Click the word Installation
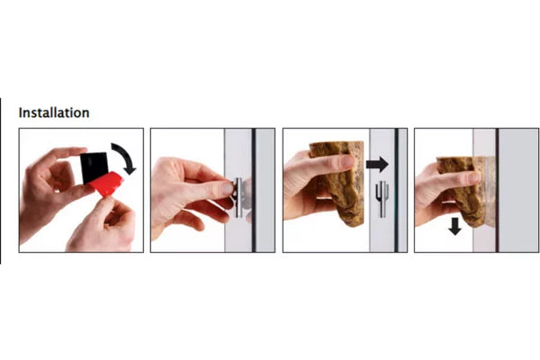pos(54,112)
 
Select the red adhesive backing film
pos(107,184)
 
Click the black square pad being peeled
pos(94,167)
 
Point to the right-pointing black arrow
pos(377,165)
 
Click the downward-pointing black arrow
pos(454,226)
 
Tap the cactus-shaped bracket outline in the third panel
pos(382,199)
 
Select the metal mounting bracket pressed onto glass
pos(239,198)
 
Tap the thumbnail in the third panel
pos(346,161)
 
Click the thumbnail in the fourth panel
pos(473,177)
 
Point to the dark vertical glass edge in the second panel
pos(254,190)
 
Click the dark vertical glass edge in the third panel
pos(396,190)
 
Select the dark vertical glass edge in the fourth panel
pos(497,190)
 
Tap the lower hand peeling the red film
pos(102,226)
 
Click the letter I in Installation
pos(21,112)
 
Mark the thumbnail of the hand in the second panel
pos(228,188)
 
